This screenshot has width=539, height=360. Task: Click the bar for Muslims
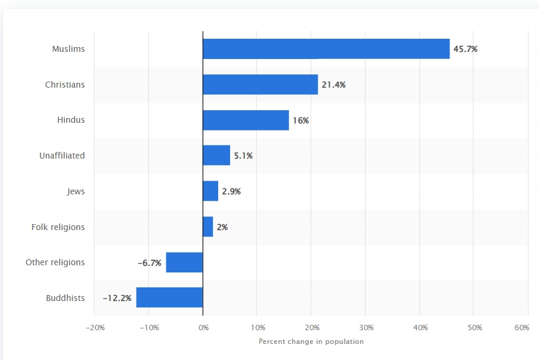coord(326,49)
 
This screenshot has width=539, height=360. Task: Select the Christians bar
coord(260,85)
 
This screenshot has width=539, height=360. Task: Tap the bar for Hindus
coord(246,120)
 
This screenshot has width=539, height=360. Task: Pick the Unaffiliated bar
coord(216,156)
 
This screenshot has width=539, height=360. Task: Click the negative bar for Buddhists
coord(169,297)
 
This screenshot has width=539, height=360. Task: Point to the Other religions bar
coord(184,262)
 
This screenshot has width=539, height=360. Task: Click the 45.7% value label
coord(465,49)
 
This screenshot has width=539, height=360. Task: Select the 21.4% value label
coord(333,85)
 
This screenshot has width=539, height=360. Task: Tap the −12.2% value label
coord(117,297)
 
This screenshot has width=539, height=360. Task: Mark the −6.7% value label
coord(150,262)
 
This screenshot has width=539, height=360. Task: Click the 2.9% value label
coord(231,191)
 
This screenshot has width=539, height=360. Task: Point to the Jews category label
coord(76,191)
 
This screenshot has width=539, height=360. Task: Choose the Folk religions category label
coord(58,227)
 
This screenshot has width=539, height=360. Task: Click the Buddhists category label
coord(65,298)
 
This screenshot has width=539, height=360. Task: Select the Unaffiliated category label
coord(62,156)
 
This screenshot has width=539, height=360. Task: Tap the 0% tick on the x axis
coord(203,328)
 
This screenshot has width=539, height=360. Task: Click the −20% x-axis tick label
coord(95,328)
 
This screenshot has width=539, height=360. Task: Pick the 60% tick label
coord(522,328)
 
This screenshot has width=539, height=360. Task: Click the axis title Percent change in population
coord(311,342)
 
